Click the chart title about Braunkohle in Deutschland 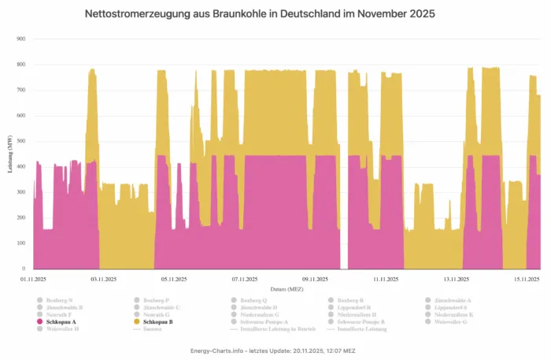(260, 14)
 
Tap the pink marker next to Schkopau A (39, 322)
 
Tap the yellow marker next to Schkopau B (137, 322)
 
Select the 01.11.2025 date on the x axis (34, 279)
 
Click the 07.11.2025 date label (246, 279)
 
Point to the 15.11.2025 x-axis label (527, 279)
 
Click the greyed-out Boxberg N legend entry (60, 301)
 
